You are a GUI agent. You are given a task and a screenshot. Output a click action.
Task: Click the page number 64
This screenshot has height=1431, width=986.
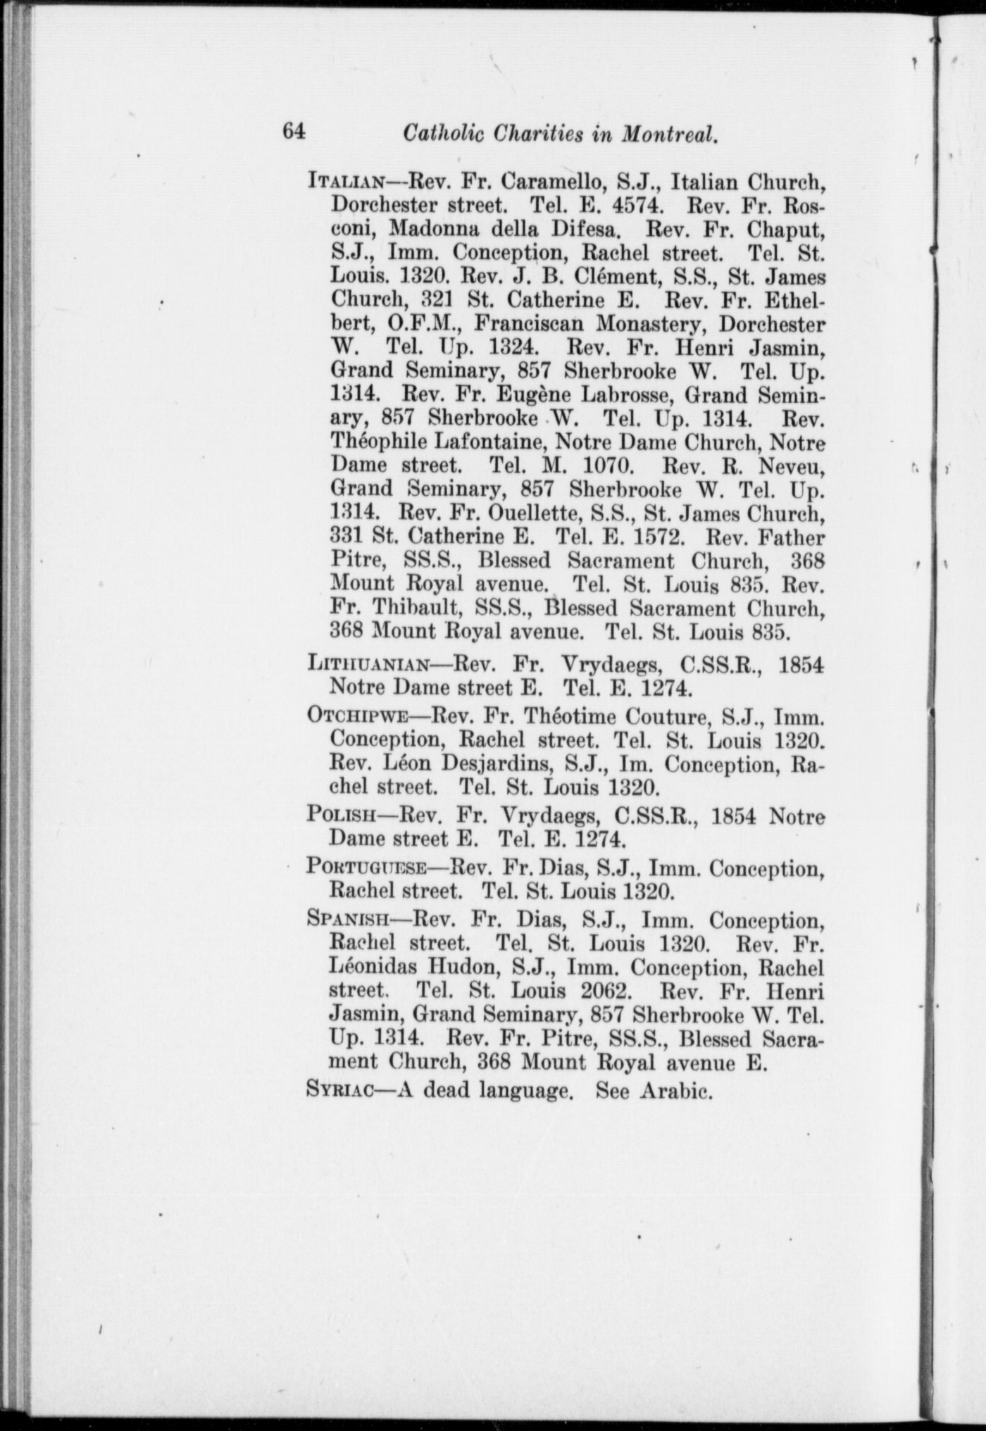[294, 132]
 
